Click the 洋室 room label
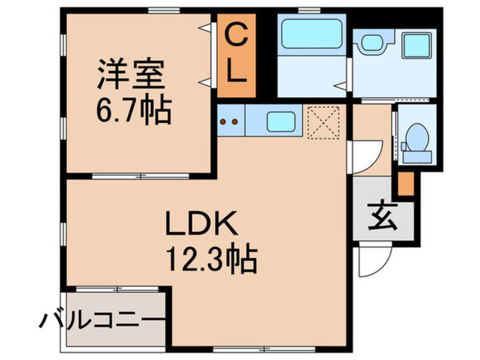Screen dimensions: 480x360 (x=131, y=73)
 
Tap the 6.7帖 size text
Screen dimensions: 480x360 (x=133, y=109)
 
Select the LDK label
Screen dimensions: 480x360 (x=201, y=223)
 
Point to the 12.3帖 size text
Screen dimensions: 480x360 (x=211, y=258)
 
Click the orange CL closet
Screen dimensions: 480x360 (x=236, y=56)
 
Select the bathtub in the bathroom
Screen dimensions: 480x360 (x=311, y=34)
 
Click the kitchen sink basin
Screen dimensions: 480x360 (x=281, y=122)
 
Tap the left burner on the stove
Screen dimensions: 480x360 (x=223, y=122)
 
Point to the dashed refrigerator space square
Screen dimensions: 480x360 (x=323, y=123)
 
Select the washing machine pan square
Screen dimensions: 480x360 (x=416, y=46)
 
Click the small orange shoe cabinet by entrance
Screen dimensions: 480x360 (x=406, y=183)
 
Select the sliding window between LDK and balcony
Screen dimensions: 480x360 (x=117, y=289)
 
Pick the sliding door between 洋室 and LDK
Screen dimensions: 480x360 (x=141, y=176)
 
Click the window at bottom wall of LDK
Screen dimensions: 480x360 (x=264, y=349)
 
